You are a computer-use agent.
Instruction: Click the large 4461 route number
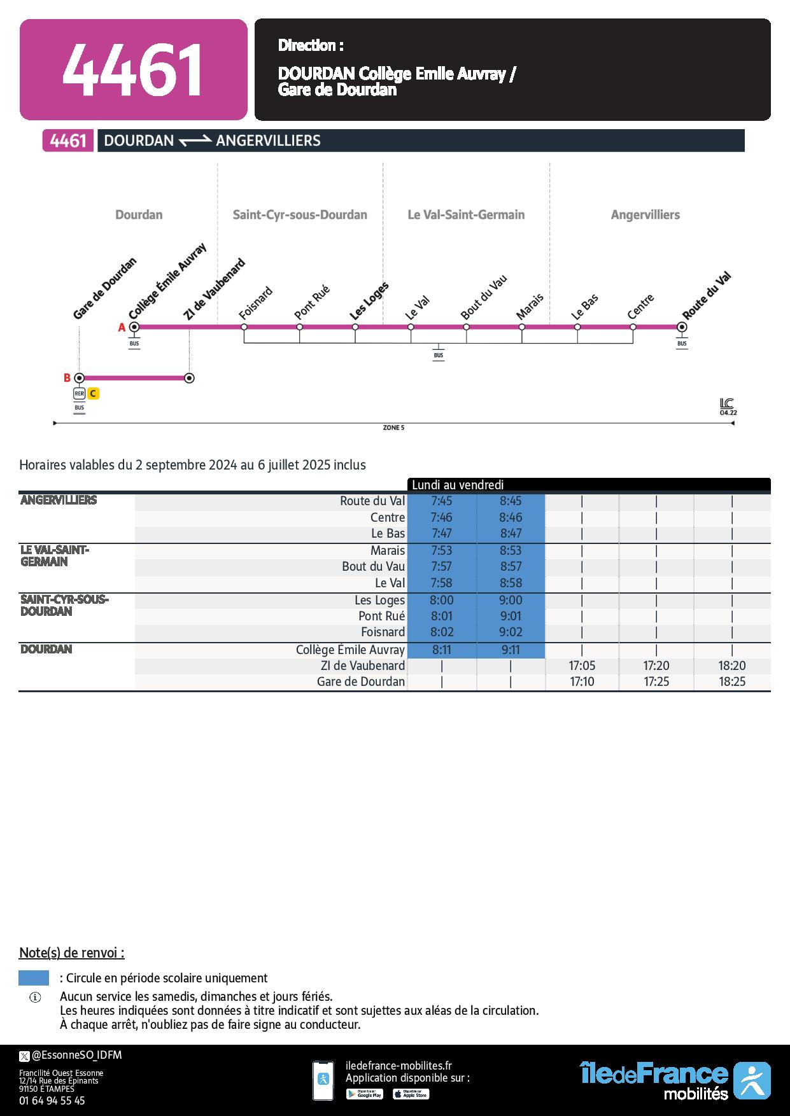(132, 70)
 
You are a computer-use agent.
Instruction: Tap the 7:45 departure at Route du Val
(441, 501)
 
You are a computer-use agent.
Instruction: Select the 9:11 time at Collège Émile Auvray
(511, 650)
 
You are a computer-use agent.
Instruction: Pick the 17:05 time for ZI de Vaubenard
(582, 666)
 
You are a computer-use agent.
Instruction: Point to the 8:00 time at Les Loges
(441, 601)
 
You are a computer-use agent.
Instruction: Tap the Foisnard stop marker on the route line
(244, 327)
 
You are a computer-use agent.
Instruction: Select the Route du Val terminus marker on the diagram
(682, 327)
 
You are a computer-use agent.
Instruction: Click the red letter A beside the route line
(121, 328)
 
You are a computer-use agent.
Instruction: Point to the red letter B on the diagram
(67, 378)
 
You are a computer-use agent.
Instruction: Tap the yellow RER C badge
(93, 394)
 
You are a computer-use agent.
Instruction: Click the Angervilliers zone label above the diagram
(645, 215)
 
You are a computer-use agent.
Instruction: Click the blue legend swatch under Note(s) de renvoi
(34, 978)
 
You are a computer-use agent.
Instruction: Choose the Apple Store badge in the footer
(411, 1094)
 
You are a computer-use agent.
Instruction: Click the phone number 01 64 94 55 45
(52, 1100)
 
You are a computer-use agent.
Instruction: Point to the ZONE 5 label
(393, 428)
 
